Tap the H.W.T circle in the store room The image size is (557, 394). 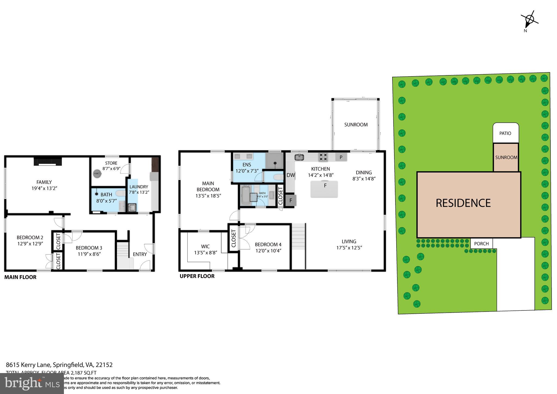[97, 174]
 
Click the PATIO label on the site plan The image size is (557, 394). [505, 133]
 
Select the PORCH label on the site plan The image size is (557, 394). [481, 244]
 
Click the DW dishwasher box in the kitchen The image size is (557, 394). [290, 175]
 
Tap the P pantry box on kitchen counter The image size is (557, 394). [341, 157]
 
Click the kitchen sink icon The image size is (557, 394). [299, 157]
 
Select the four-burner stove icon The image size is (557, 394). [323, 157]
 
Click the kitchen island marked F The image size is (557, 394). [324, 189]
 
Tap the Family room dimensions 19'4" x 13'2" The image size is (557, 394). [44, 188]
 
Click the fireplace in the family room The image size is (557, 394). [48, 162]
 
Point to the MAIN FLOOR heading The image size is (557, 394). [20, 277]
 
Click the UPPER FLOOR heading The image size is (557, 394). [197, 276]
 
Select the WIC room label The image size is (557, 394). [205, 247]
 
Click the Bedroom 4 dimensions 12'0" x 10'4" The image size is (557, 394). [268, 251]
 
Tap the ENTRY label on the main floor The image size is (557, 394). [140, 254]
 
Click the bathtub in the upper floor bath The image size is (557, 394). [246, 195]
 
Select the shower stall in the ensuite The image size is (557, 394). [275, 161]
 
